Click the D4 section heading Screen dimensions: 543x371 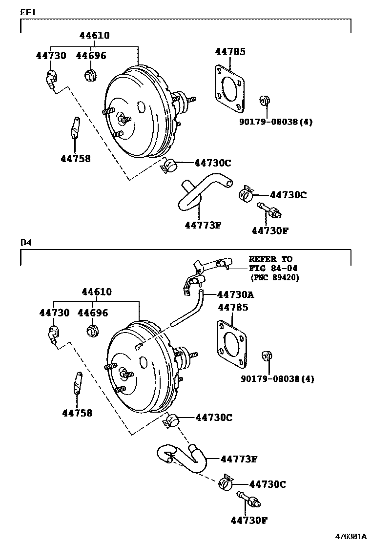tap(25, 242)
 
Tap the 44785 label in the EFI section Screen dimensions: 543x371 tap(230, 51)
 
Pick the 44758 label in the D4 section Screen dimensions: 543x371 tap(77, 413)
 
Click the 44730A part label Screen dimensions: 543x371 tap(236, 294)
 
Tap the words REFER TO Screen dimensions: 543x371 tap(270, 259)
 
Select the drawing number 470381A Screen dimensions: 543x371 tap(350, 536)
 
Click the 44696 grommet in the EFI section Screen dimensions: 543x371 tap(89, 76)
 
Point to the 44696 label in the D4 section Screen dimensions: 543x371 tap(92, 313)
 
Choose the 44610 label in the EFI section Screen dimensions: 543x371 tap(95, 35)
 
